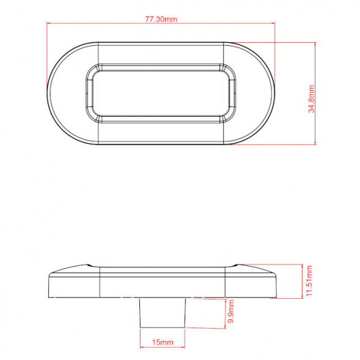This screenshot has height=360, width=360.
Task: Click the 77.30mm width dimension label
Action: (161, 19)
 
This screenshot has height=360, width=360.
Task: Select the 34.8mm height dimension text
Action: (311, 99)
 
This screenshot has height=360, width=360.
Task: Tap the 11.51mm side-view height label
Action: (309, 281)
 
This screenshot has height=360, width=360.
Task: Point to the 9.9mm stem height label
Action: (231, 311)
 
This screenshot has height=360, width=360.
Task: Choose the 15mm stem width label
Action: (163, 342)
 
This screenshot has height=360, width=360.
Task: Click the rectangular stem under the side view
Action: (163, 312)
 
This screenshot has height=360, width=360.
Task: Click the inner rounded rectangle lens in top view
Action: (161, 94)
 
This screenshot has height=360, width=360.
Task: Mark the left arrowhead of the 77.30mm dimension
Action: (48, 23)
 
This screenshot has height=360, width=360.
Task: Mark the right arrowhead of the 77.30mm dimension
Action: (273, 23)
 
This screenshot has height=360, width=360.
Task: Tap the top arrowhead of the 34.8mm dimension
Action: (315, 44)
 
